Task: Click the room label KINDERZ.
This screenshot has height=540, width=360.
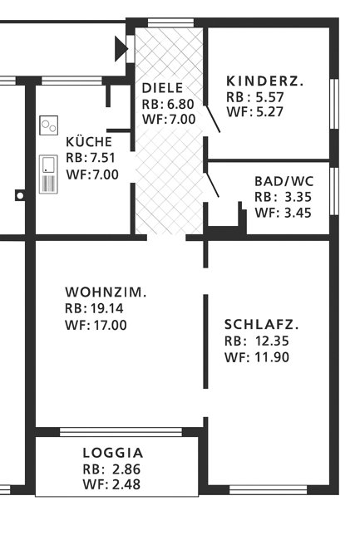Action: coord(265,81)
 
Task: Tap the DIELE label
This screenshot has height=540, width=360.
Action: coord(161,88)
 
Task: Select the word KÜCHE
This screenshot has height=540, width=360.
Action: coord(87,142)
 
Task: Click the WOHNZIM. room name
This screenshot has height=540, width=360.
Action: coord(106,292)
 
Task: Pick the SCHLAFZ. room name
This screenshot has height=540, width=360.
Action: coord(261,324)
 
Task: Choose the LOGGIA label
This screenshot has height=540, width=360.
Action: coord(113,453)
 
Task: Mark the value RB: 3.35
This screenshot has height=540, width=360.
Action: coord(282,197)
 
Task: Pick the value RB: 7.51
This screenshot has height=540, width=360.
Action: coord(91,159)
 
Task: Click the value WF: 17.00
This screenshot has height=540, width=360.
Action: coord(95,325)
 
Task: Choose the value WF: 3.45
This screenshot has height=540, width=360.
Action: coord(282,213)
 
